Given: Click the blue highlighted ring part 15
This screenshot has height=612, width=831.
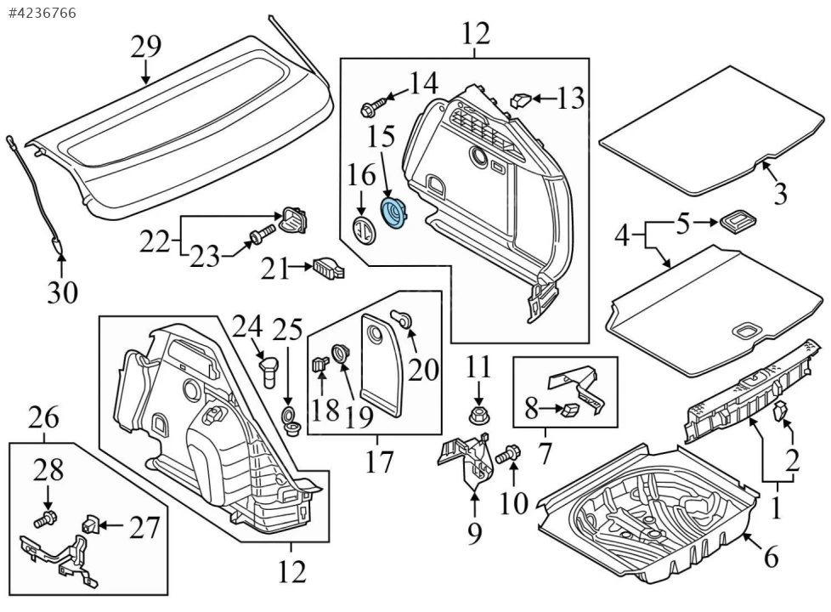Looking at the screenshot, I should [394, 212].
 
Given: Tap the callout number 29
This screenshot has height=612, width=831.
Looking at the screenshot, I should [146, 47].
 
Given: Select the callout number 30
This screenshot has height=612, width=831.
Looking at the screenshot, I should [62, 293].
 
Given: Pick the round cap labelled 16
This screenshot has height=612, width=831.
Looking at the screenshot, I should [362, 229].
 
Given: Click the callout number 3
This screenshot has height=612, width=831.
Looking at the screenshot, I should [780, 193].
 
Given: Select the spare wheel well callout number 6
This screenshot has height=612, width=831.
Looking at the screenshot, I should [770, 558].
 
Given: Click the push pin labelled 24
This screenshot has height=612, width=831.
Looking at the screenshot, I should [268, 371].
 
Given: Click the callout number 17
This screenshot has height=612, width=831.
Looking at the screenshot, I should [379, 462].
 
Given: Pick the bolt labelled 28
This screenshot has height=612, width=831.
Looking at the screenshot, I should [47, 516].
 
